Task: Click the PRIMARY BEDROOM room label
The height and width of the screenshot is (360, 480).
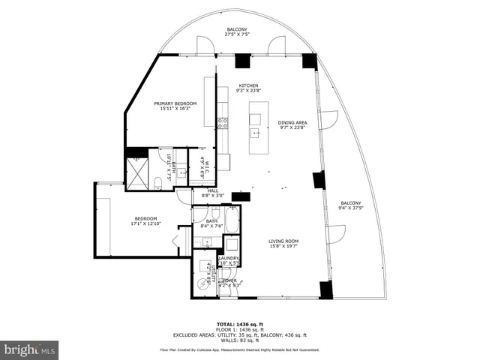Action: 175,103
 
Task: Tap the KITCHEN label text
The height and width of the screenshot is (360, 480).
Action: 248,86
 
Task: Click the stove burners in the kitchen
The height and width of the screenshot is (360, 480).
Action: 222,124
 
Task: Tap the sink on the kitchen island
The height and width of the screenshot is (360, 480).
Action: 256,134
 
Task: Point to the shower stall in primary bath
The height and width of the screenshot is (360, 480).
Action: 137,174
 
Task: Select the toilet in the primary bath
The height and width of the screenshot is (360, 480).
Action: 158,183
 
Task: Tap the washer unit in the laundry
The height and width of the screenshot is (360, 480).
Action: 231,244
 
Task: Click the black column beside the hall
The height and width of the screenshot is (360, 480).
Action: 241,197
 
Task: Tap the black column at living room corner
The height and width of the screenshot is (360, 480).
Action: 325,289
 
